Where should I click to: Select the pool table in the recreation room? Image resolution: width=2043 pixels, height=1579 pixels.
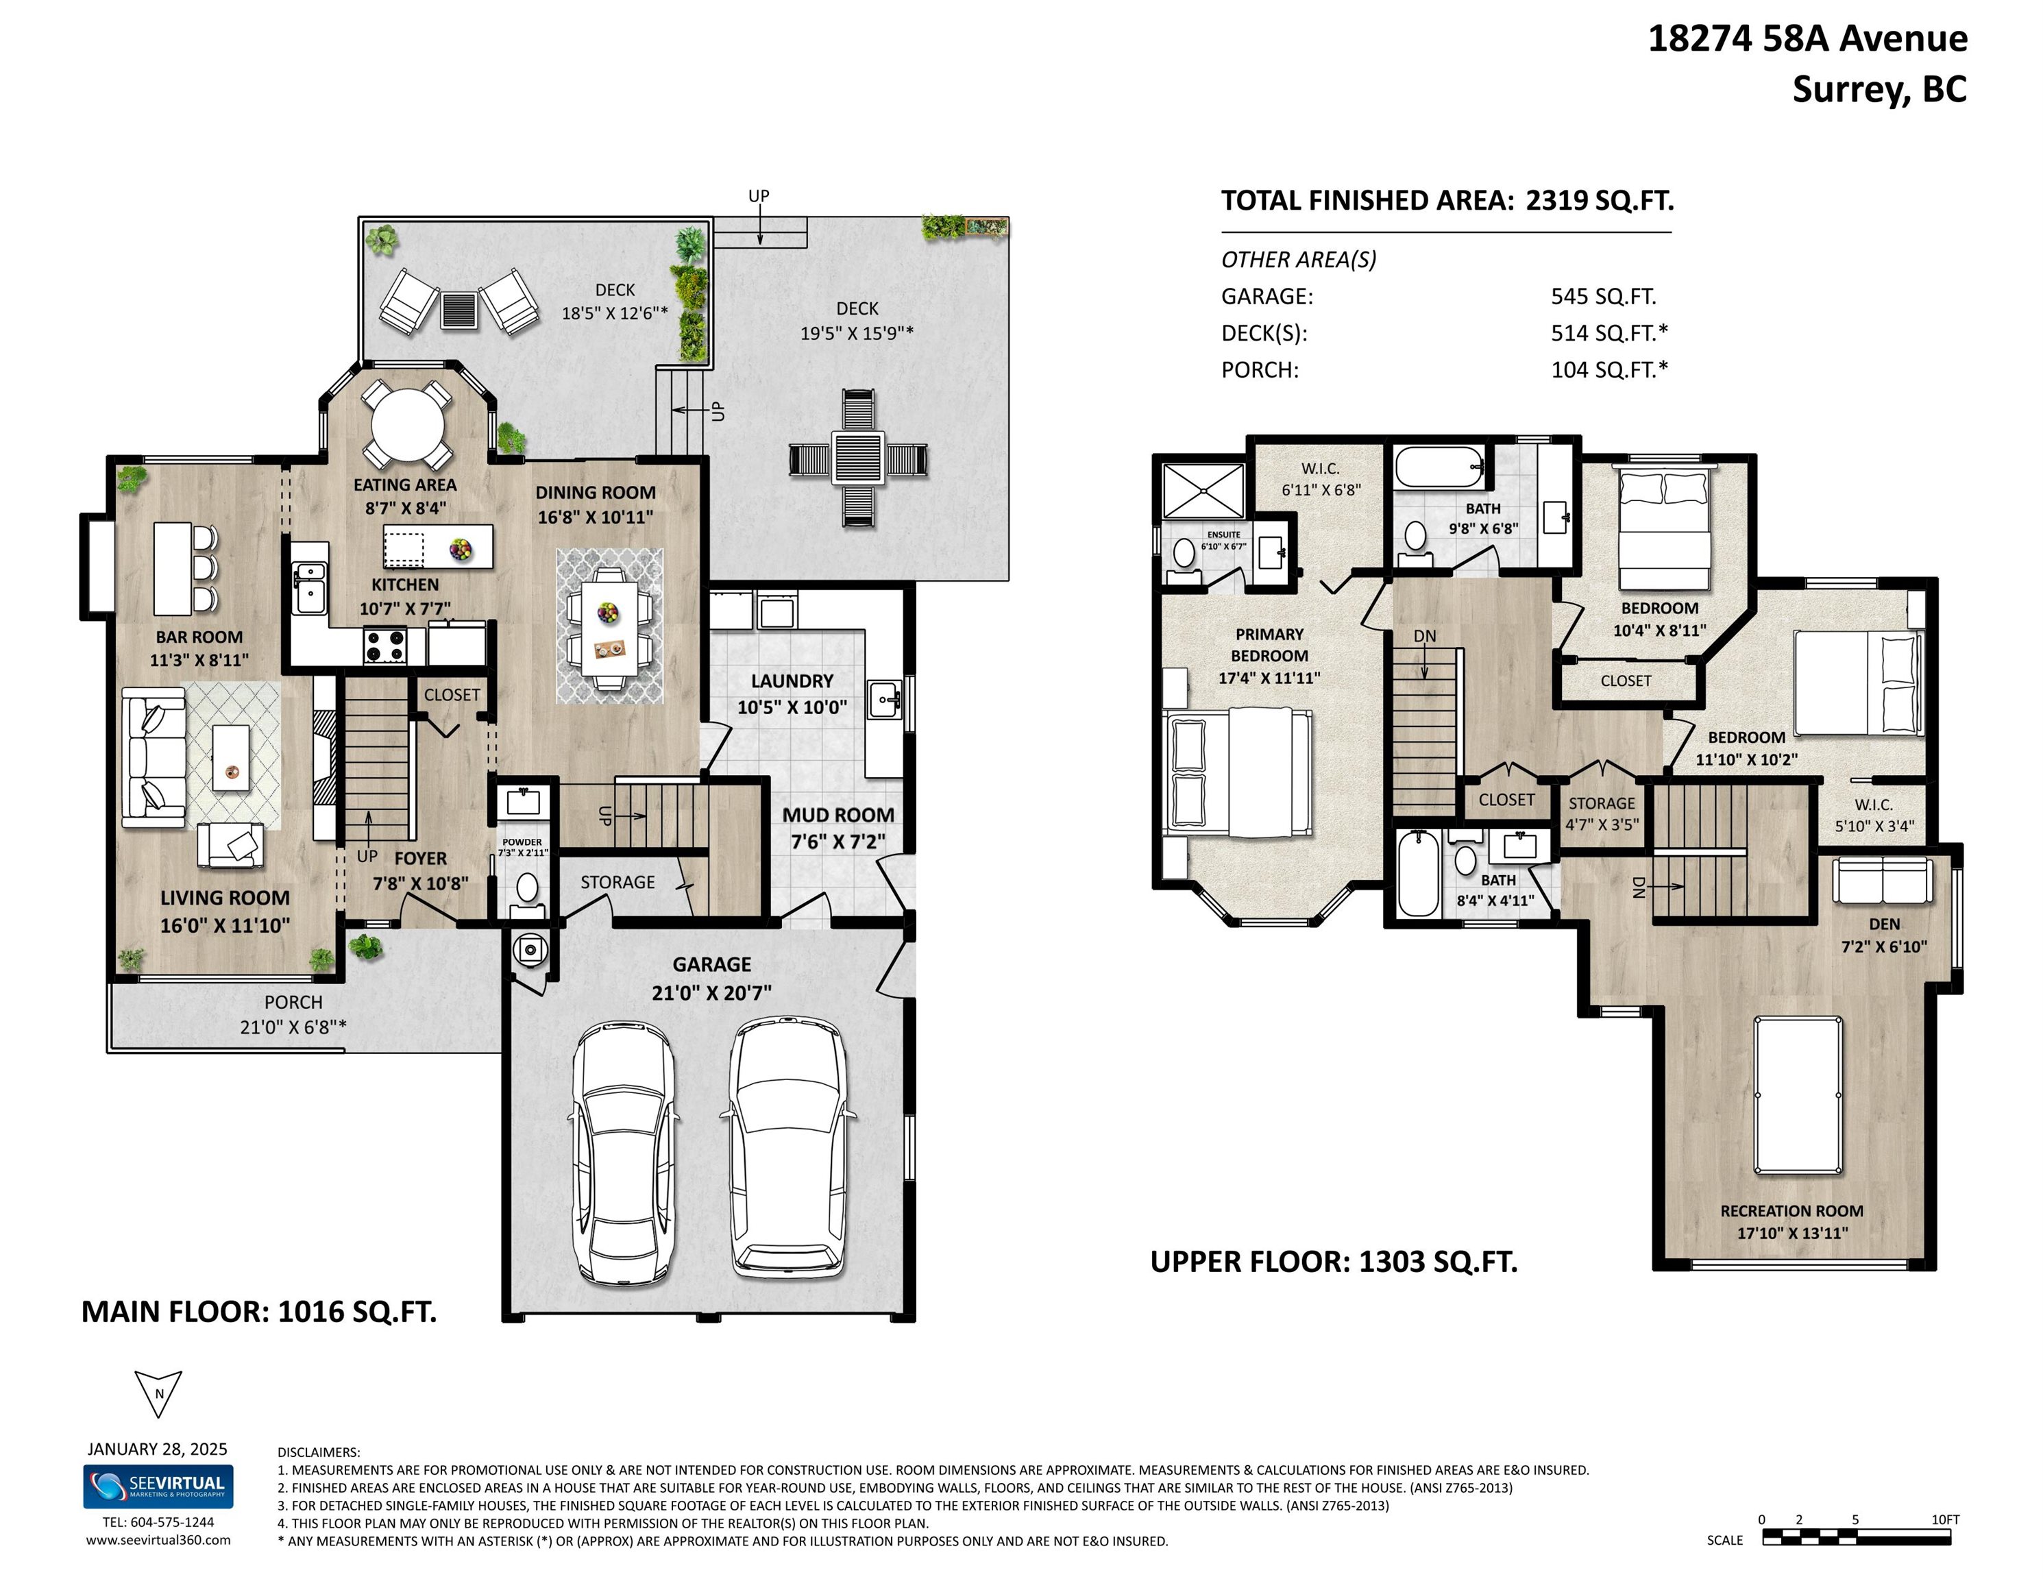pyautogui.click(x=1798, y=1094)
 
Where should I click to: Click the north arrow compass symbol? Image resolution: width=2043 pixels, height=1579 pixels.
pyautogui.click(x=158, y=1393)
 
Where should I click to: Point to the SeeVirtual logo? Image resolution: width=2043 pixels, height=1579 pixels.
pyautogui.click(x=158, y=1486)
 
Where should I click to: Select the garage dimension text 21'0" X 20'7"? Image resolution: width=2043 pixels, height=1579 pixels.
pyautogui.click(x=712, y=992)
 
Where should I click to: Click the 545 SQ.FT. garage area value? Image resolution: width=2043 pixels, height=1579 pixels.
pyautogui.click(x=1603, y=297)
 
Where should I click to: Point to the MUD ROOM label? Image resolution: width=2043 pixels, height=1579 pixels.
pyautogui.click(x=838, y=816)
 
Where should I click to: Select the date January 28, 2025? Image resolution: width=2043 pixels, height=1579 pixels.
pyautogui.click(x=157, y=1449)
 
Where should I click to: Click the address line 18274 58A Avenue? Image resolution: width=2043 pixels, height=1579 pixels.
pyautogui.click(x=1807, y=39)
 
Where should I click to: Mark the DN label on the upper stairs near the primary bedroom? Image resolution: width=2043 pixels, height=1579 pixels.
pyautogui.click(x=1425, y=636)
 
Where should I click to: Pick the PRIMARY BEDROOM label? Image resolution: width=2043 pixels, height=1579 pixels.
pyautogui.click(x=1269, y=644)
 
